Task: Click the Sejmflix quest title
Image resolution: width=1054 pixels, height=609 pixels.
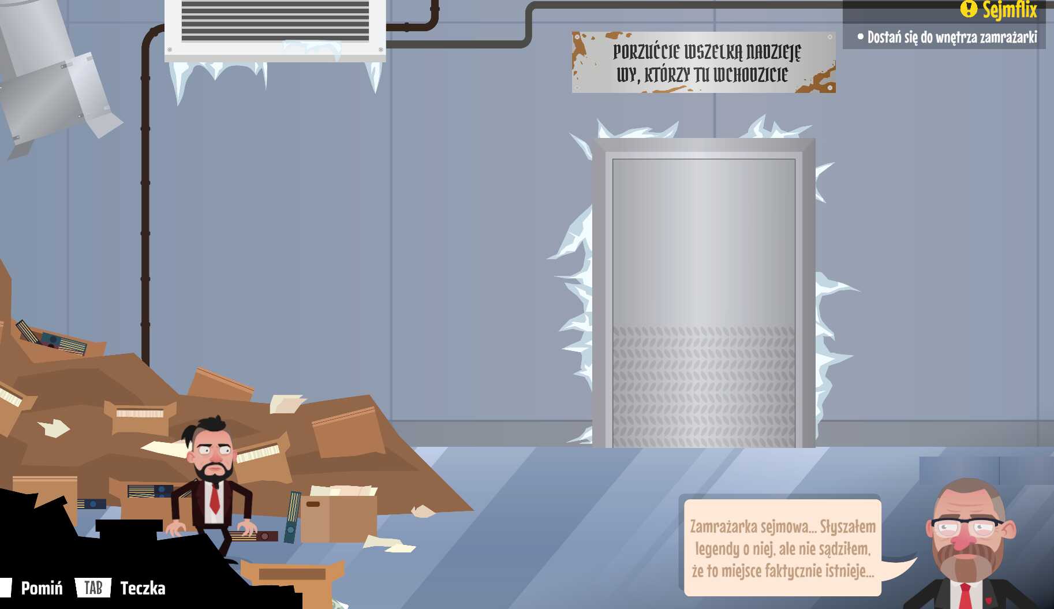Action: [x=1010, y=9]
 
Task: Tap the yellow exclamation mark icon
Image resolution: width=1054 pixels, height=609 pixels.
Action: [x=968, y=8]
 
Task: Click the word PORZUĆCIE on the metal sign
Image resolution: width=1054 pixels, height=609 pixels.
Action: [x=646, y=52]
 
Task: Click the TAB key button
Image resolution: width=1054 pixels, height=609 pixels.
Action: [x=93, y=588]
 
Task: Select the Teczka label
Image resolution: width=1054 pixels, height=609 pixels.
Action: [x=143, y=588]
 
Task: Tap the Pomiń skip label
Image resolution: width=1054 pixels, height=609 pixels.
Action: [x=42, y=588]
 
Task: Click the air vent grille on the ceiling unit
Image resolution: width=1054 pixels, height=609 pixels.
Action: [x=275, y=21]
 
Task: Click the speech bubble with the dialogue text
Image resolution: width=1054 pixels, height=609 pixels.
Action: [x=783, y=548]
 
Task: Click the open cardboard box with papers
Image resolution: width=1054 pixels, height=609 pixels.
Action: [x=339, y=513]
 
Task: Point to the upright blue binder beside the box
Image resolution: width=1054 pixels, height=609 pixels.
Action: [x=293, y=517]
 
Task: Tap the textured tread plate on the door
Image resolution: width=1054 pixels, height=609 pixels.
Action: [x=704, y=387]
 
